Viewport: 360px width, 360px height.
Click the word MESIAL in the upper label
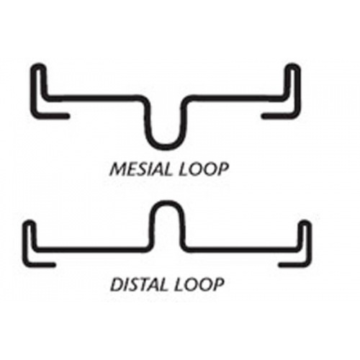140,170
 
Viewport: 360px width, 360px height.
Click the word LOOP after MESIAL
202,170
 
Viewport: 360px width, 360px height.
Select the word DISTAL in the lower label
140,284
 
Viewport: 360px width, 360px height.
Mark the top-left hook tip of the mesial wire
38,66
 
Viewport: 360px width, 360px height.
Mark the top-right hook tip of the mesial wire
292,66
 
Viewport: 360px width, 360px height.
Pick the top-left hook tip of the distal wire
30,222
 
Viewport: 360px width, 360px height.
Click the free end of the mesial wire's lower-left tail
68,116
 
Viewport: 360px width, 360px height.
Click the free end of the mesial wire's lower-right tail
264,116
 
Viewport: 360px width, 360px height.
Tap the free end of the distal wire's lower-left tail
54,265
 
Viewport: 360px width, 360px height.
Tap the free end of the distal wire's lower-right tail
280,265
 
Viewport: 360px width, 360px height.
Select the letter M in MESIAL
117,170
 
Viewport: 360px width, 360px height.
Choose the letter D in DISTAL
116,284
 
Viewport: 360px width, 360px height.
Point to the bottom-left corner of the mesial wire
34,115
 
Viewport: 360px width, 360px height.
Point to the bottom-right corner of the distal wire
308,264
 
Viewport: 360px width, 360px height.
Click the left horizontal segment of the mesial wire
95,97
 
